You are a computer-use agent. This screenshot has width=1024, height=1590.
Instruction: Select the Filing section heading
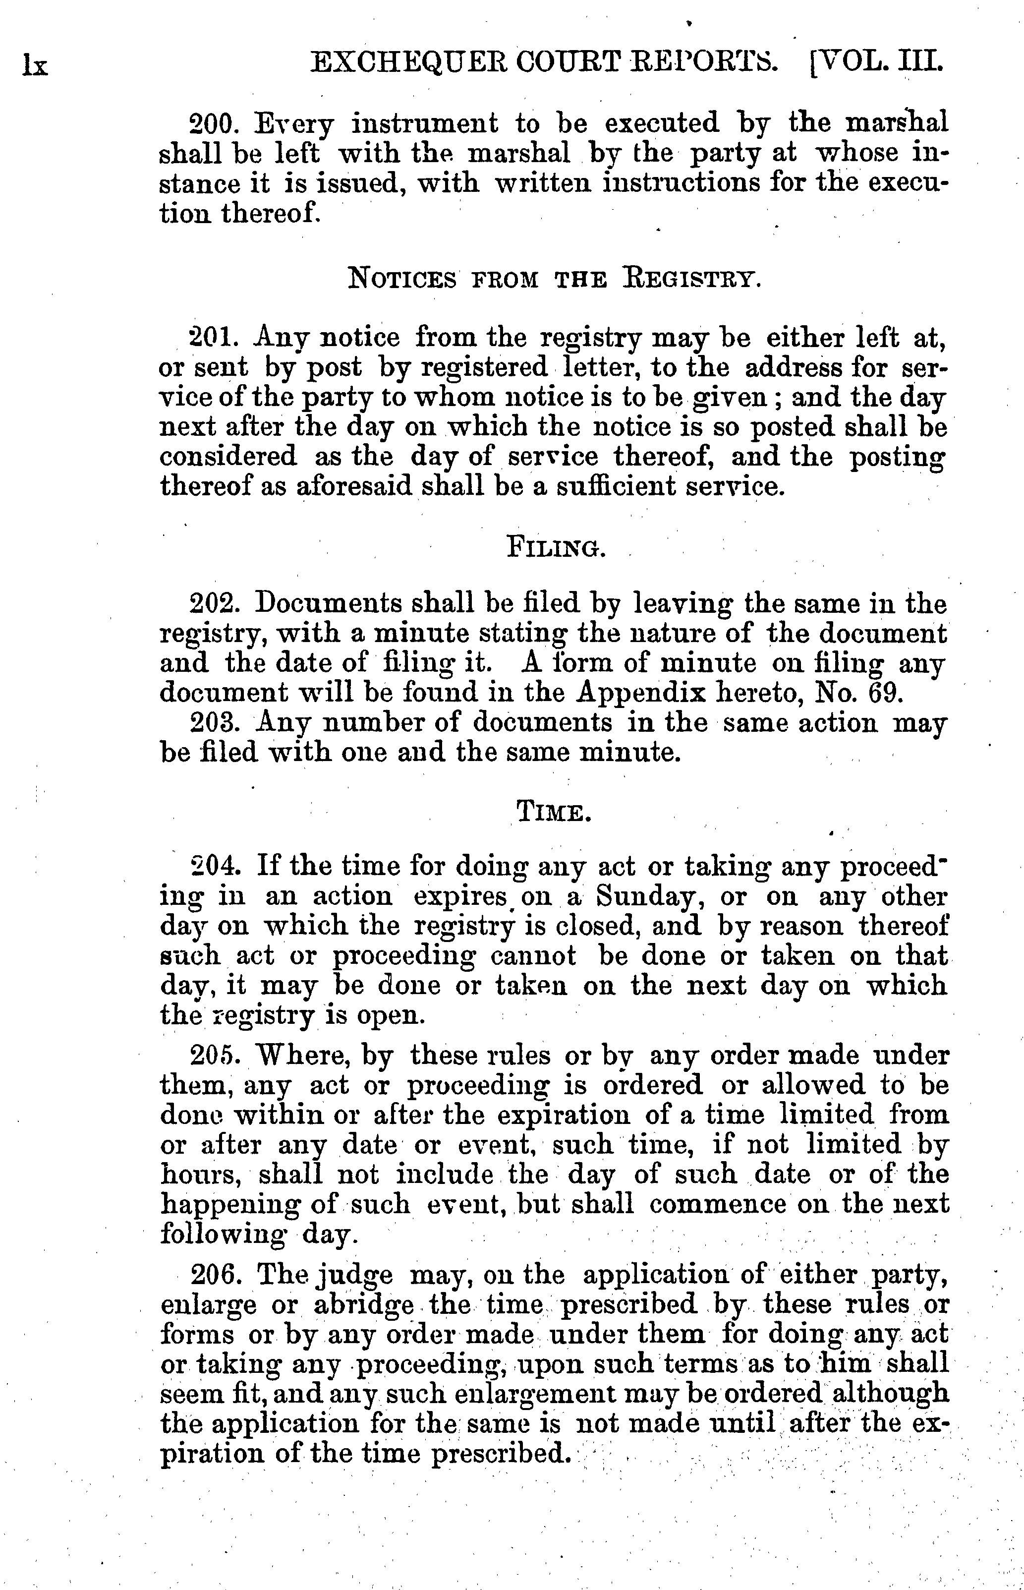pyautogui.click(x=555, y=547)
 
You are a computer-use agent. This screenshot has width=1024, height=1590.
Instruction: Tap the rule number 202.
pyautogui.click(x=212, y=604)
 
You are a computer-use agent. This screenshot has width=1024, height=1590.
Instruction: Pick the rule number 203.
pyautogui.click(x=212, y=723)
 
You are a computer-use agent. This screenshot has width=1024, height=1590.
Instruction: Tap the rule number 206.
pyautogui.click(x=212, y=1274)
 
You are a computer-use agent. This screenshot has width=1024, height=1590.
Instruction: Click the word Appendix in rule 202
pyautogui.click(x=622, y=694)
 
